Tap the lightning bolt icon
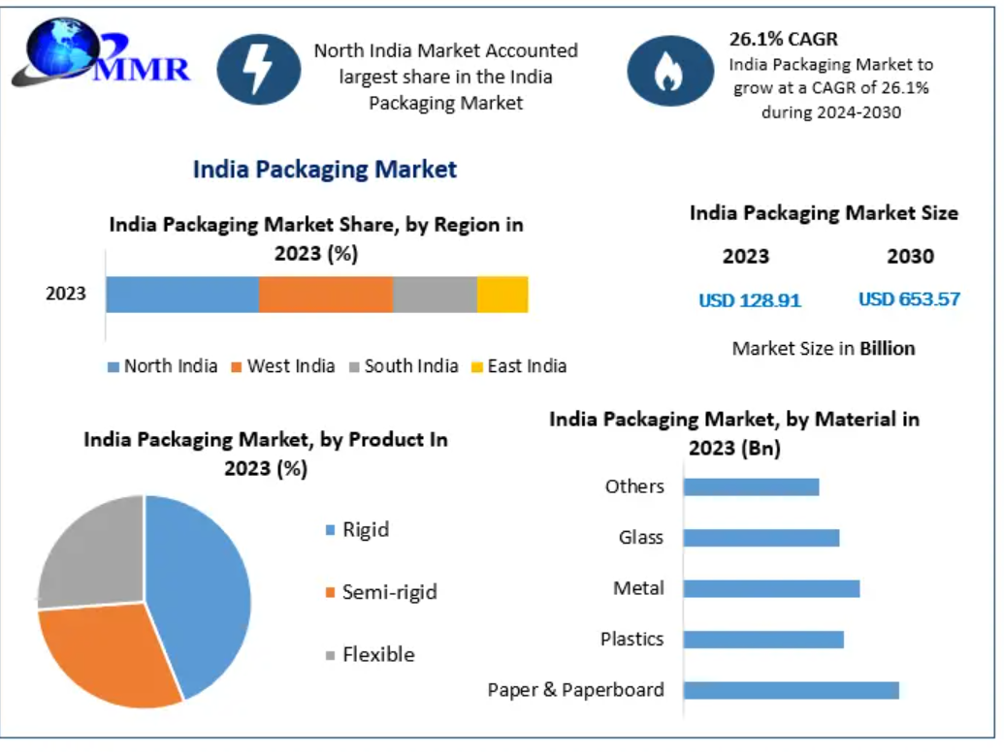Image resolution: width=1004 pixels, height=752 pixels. (259, 70)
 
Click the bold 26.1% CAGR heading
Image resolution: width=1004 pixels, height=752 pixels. (784, 40)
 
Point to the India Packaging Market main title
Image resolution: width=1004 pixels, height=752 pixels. (325, 170)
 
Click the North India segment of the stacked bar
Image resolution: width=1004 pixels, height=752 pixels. (182, 295)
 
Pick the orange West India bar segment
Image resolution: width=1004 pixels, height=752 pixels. (326, 295)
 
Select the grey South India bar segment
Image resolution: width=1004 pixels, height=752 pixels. (435, 295)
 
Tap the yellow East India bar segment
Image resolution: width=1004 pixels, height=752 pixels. (502, 295)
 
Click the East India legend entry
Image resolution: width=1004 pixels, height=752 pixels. (518, 366)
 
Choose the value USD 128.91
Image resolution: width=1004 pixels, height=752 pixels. (750, 300)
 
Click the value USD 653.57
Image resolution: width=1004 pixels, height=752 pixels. (909, 299)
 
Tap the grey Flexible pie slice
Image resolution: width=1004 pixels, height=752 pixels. (92, 552)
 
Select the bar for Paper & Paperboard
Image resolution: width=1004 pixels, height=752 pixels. (791, 690)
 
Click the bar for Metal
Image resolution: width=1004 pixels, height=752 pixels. (771, 588)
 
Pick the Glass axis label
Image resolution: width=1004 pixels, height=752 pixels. (641, 537)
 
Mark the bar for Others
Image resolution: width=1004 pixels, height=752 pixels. (751, 486)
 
